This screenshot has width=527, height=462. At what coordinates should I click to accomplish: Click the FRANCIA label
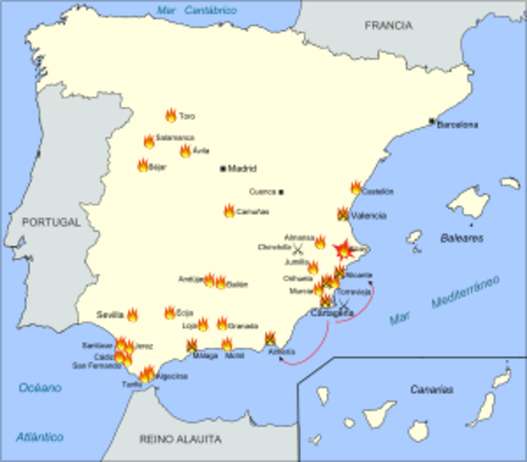[x=388, y=27]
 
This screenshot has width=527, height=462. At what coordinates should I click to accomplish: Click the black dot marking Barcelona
[x=432, y=121]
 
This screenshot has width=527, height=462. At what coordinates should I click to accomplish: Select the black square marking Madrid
[x=223, y=168]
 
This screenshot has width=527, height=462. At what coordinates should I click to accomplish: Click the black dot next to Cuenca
[x=282, y=192]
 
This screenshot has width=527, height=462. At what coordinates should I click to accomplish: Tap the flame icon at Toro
[x=170, y=115]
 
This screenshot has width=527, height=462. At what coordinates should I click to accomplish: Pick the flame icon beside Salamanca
[x=149, y=141]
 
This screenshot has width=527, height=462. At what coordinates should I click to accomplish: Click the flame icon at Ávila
[x=185, y=151]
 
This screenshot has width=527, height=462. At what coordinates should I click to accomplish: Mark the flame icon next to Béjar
[x=142, y=166]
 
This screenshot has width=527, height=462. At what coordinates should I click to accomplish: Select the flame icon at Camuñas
[x=229, y=211]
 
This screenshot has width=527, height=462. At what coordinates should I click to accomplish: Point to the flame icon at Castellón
[x=356, y=188]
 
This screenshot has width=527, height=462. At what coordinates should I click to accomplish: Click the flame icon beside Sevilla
[x=132, y=314]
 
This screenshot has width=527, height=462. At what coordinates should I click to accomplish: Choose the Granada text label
[x=243, y=325]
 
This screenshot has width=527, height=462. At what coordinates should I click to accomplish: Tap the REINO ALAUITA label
[x=181, y=439]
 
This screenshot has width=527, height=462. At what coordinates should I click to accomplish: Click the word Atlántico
[x=39, y=437]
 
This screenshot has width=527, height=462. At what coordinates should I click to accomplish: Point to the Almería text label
[x=283, y=351]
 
